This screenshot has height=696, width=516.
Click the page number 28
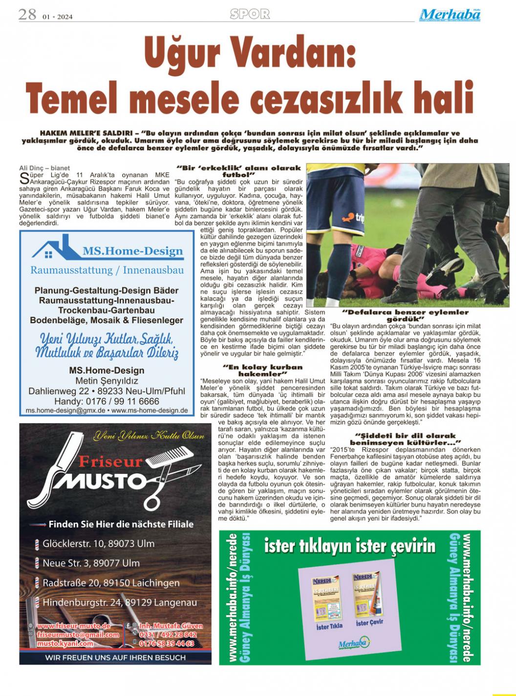pyautogui.click(x=27, y=15)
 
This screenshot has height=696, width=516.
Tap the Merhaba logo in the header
pyautogui.click(x=450, y=15)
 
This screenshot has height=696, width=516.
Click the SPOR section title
pyautogui.click(x=250, y=14)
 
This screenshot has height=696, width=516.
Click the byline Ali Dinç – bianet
pyautogui.click(x=44, y=168)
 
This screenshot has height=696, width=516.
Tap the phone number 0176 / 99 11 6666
pyautogui.click(x=107, y=401)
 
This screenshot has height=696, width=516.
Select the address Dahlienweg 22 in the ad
pyautogui.click(x=59, y=391)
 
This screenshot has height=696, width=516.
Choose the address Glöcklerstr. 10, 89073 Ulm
pyautogui.click(x=98, y=543)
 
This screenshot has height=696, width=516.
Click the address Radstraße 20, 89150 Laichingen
pyautogui.click(x=111, y=583)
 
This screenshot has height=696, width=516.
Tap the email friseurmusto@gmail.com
pyautogui.click(x=78, y=635)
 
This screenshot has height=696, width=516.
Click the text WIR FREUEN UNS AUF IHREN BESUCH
pyautogui.click(x=115, y=657)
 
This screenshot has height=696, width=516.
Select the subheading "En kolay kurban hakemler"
pyautogui.click(x=263, y=370)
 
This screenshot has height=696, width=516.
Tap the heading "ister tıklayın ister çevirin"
pyautogui.click(x=350, y=545)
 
